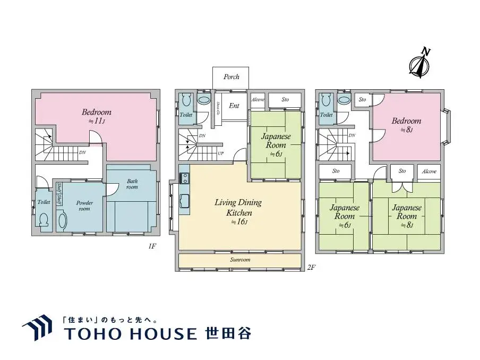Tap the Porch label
(x=231, y=77)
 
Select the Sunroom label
(x=240, y=260)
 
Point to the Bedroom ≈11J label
(x=97, y=116)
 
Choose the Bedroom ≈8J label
(x=406, y=125)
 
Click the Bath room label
(x=132, y=184)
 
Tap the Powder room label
(x=84, y=205)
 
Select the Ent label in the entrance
(x=234, y=106)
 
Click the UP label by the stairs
(x=220, y=153)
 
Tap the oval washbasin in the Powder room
(x=62, y=221)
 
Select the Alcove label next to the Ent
(x=258, y=100)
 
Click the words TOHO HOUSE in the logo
(x=130, y=333)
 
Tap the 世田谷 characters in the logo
(x=228, y=333)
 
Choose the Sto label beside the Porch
(x=285, y=99)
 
